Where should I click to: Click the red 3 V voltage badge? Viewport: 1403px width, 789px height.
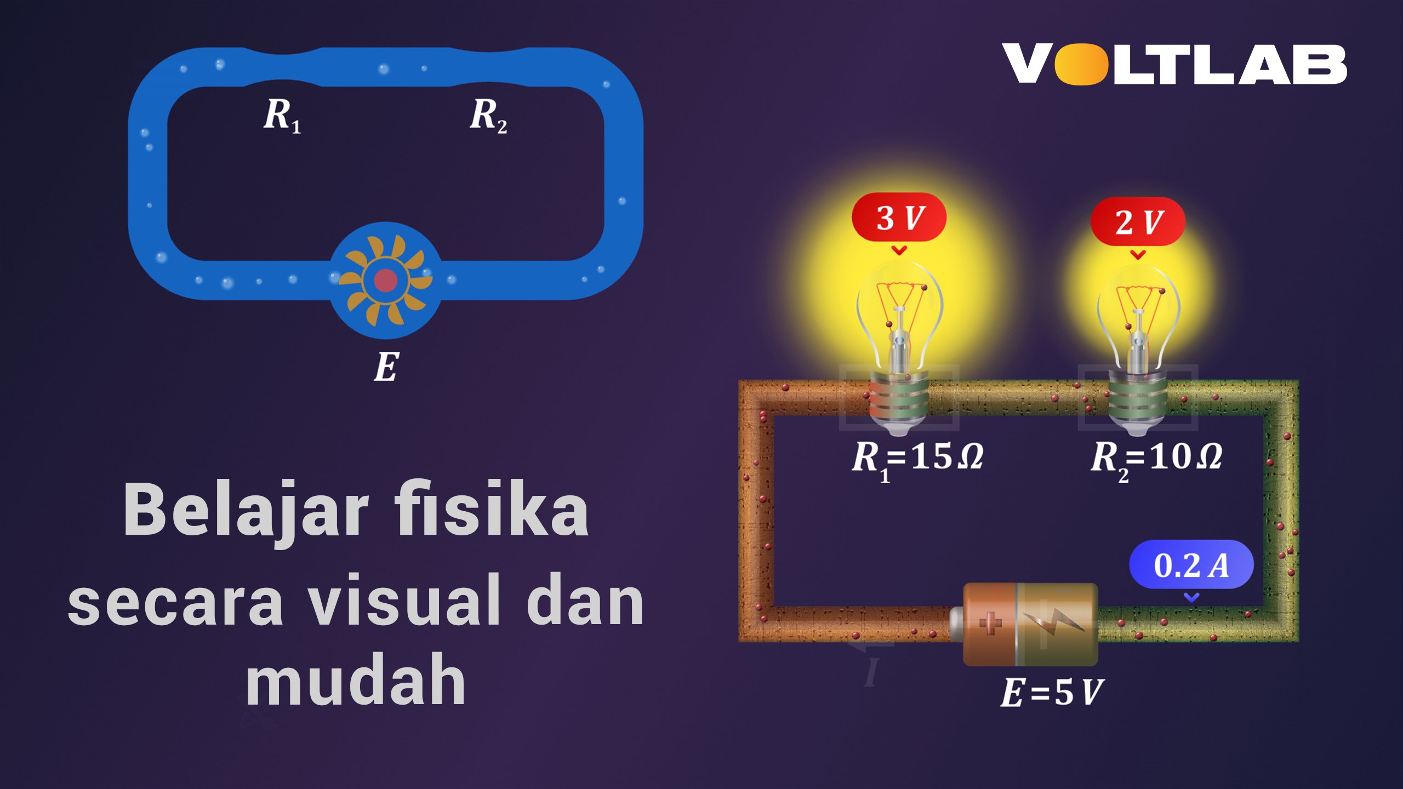[899, 218]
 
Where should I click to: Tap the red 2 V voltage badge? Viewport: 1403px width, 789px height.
[1138, 221]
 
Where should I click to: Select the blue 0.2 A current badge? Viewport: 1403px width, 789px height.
[1191, 565]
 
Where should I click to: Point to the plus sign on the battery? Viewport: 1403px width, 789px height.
[990, 624]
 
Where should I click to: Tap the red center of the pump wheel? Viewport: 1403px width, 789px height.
[385, 281]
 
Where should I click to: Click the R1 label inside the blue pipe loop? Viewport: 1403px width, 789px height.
[282, 116]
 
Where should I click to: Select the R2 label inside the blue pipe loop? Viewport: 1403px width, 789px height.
[488, 116]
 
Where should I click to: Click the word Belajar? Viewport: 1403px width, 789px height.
[246, 512]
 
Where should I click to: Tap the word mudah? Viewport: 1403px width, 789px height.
[356, 679]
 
